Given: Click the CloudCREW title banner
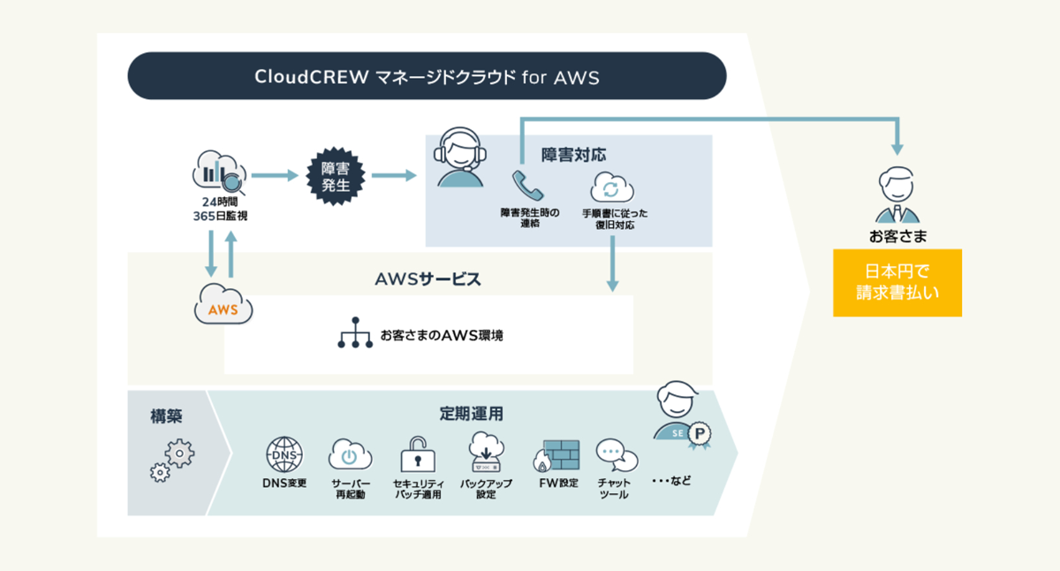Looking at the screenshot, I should (x=427, y=76).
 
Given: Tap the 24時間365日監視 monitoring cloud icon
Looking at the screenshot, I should (x=218, y=173).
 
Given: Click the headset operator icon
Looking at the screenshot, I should (x=460, y=159).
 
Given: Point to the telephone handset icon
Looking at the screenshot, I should (x=527, y=186).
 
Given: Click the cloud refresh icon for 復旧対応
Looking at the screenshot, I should (x=609, y=187).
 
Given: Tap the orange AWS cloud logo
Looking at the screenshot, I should (x=223, y=307).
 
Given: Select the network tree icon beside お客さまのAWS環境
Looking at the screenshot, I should (x=355, y=333).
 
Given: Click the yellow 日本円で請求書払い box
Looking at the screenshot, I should (x=897, y=282).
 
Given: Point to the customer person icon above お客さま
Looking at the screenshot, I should (x=897, y=195).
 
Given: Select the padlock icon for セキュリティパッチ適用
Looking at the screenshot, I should (x=417, y=454).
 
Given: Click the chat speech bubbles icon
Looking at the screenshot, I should (x=616, y=457).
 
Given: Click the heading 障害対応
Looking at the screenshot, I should (x=573, y=155).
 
